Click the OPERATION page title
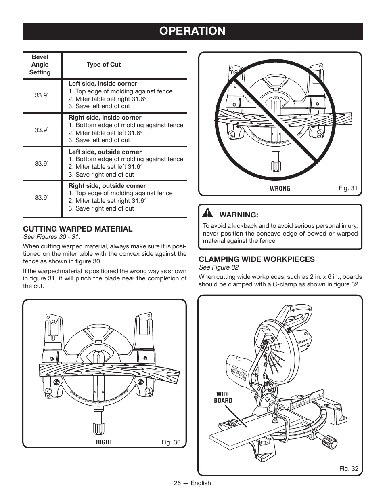192,31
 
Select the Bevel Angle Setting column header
40,65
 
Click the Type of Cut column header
103,65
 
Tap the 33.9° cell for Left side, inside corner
41,95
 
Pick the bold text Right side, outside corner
107,186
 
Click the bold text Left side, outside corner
105,152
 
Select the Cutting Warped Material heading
77,229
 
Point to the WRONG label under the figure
280,188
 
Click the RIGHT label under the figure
104,442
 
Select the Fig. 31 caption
348,188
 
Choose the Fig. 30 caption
171,442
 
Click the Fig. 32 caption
348,469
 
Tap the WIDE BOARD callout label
223,397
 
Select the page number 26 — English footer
192,483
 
